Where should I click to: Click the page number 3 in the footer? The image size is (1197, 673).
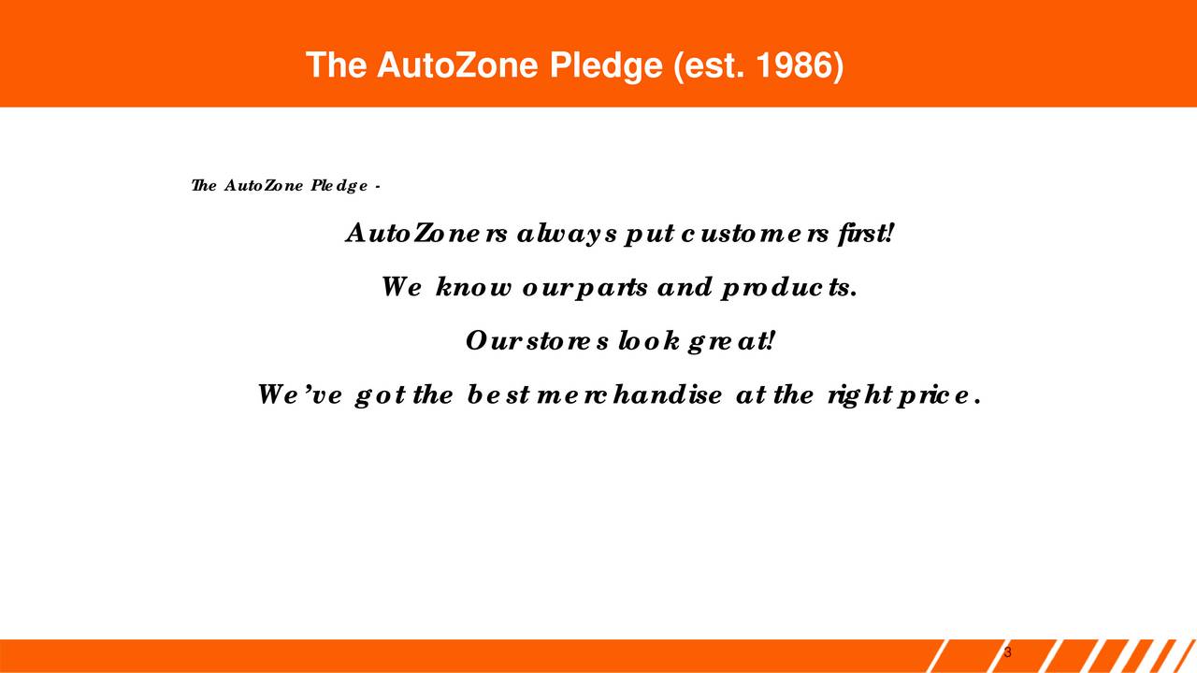pos(1007,652)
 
